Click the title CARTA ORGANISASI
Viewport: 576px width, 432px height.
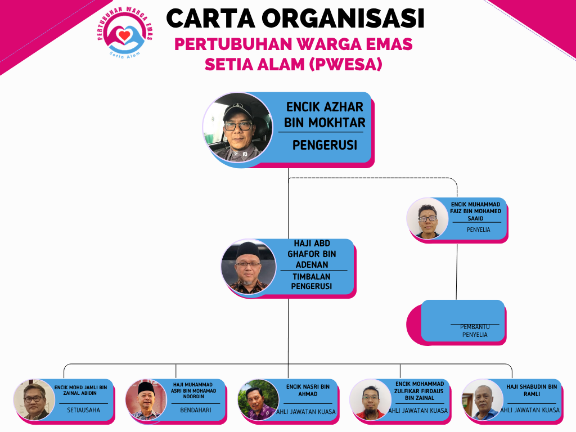[295, 19]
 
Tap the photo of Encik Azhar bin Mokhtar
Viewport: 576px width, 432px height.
[238, 128]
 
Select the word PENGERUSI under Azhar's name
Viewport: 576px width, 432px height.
[325, 145]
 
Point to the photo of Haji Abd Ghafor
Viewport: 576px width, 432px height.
[249, 268]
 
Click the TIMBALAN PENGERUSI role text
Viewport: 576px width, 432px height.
[311, 281]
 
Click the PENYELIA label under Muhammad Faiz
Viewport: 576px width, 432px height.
[478, 229]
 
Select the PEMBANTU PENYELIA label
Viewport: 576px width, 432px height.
[475, 331]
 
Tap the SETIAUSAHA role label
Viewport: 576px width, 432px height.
[83, 410]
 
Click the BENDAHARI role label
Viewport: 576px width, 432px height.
[196, 410]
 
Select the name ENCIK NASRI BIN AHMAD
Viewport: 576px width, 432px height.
[308, 390]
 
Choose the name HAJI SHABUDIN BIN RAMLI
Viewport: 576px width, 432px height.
[532, 390]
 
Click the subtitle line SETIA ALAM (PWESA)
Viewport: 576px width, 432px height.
[294, 65]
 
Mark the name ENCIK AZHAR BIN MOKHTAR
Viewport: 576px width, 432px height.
[325, 115]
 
